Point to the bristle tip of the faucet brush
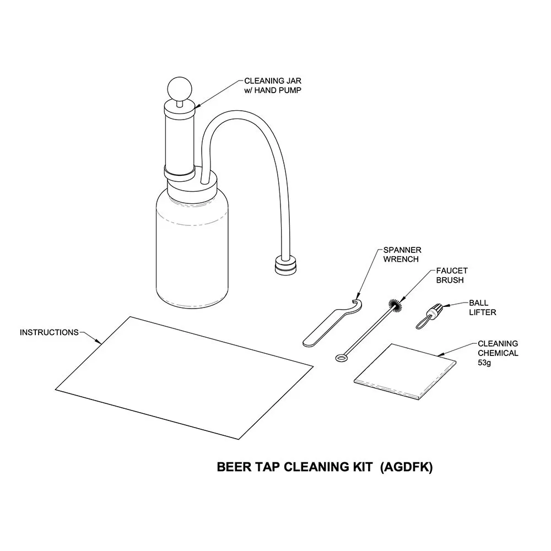pos(395,304)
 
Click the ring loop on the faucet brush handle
pos(341,358)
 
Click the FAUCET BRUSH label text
pos(451,275)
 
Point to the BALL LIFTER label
pos(482,307)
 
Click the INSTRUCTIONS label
pos(49,332)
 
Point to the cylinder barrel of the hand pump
pos(180,138)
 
